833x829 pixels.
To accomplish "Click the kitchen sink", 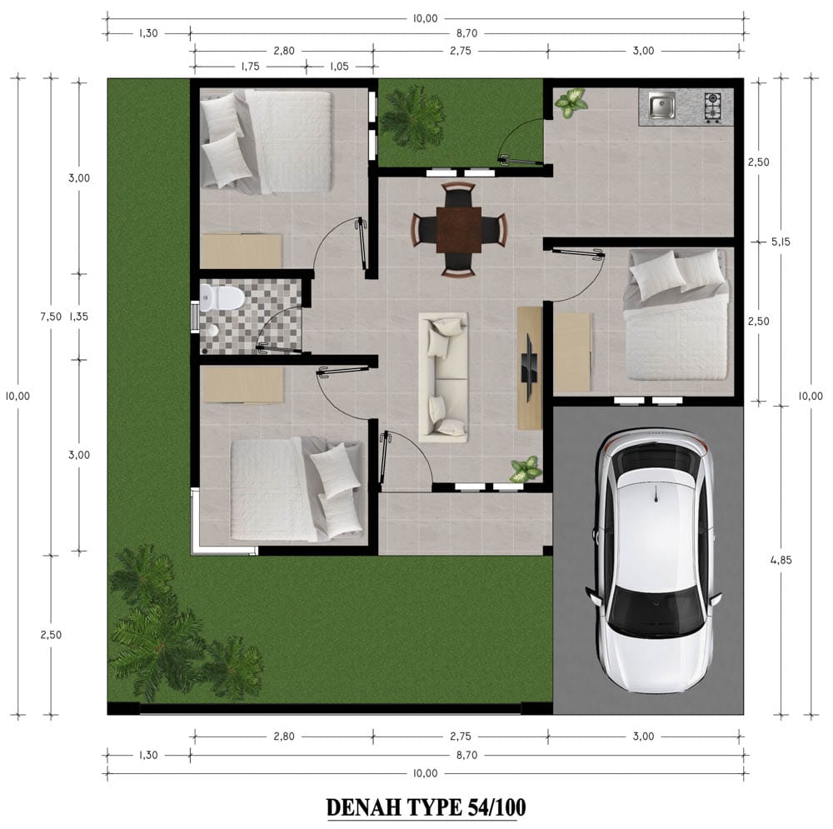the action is tap(661, 105).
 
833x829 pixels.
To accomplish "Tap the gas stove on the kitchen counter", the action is tap(712, 107).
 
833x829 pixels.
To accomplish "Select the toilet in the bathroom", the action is tap(222, 297).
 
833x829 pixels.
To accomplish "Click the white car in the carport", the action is tap(653, 560).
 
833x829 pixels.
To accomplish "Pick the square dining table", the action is tap(459, 230).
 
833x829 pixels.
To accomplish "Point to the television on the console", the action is tap(530, 367).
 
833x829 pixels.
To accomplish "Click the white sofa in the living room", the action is tap(444, 377).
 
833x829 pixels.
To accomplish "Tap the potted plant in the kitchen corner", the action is tap(571, 102).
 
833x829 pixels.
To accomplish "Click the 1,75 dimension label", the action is tap(250, 67).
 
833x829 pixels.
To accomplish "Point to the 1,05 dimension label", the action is tap(339, 67).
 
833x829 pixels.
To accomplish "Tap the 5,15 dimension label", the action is tap(781, 242).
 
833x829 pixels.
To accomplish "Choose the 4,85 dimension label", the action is tap(781, 560).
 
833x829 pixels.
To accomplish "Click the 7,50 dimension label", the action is tap(51, 317).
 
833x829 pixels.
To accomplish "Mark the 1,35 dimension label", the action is tap(78, 317).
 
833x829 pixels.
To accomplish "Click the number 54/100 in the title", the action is tap(497, 807).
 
